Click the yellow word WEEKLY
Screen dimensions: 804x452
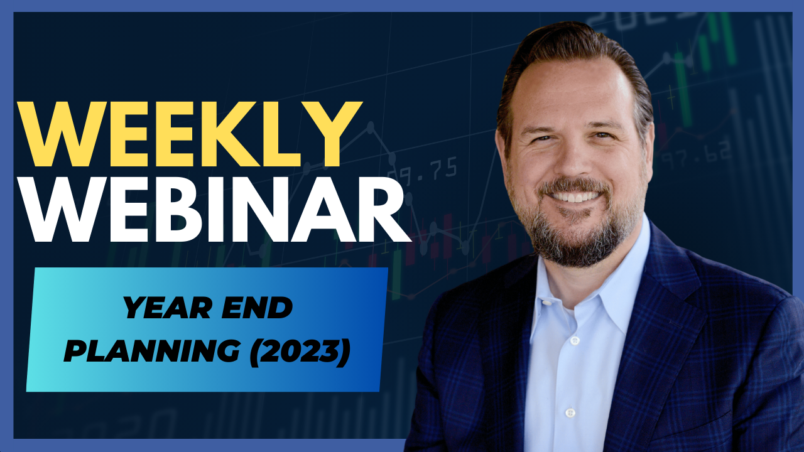point(190,134)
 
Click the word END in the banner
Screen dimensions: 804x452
point(258,308)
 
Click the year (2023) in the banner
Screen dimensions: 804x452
point(300,351)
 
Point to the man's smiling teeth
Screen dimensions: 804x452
point(575,197)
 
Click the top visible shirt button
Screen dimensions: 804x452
point(575,340)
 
